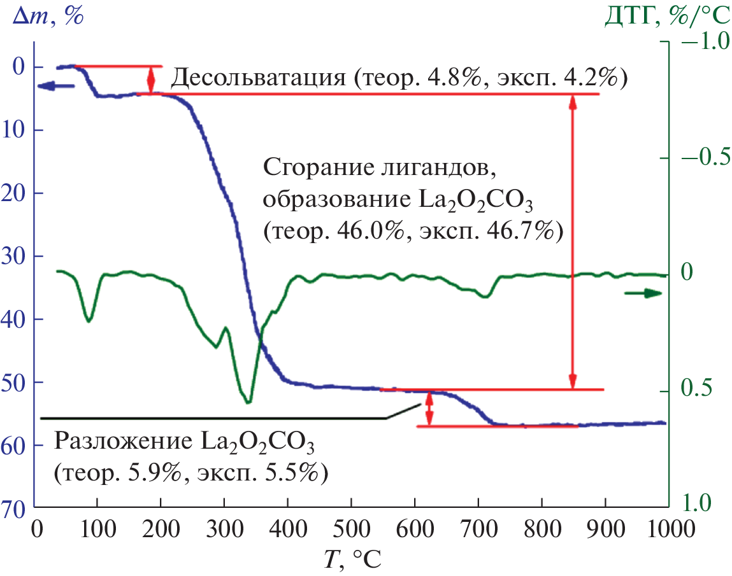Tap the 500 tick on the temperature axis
click(x=351, y=528)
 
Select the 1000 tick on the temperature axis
click(x=663, y=528)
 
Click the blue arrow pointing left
click(x=56, y=86)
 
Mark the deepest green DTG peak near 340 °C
click(x=248, y=402)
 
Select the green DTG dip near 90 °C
click(x=89, y=320)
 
